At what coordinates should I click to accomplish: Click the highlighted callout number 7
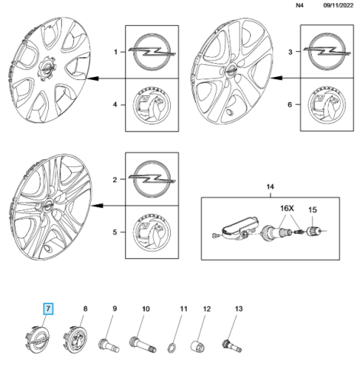[x=48, y=309]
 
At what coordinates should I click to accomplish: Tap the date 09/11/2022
[x=338, y=5]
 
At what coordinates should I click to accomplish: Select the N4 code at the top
[x=300, y=5]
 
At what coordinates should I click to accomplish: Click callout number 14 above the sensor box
[x=270, y=187]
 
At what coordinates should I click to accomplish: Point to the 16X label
[x=287, y=209]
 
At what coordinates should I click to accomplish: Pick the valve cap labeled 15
[x=313, y=231]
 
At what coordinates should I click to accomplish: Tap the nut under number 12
[x=198, y=346]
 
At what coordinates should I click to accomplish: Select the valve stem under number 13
[x=232, y=346]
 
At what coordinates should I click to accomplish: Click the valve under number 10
[x=143, y=344]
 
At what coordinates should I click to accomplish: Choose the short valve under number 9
[x=108, y=345]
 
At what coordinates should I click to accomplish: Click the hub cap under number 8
[x=75, y=340]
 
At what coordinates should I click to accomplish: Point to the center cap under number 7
[x=37, y=339]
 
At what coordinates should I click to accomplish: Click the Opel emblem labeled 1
[x=152, y=51]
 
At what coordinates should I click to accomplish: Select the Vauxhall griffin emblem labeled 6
[x=326, y=105]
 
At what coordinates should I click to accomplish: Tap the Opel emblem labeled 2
[x=152, y=179]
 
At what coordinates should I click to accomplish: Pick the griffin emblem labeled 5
[x=152, y=232]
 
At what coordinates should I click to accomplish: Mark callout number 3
[x=291, y=52]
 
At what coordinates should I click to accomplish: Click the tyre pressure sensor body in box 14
[x=239, y=228]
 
